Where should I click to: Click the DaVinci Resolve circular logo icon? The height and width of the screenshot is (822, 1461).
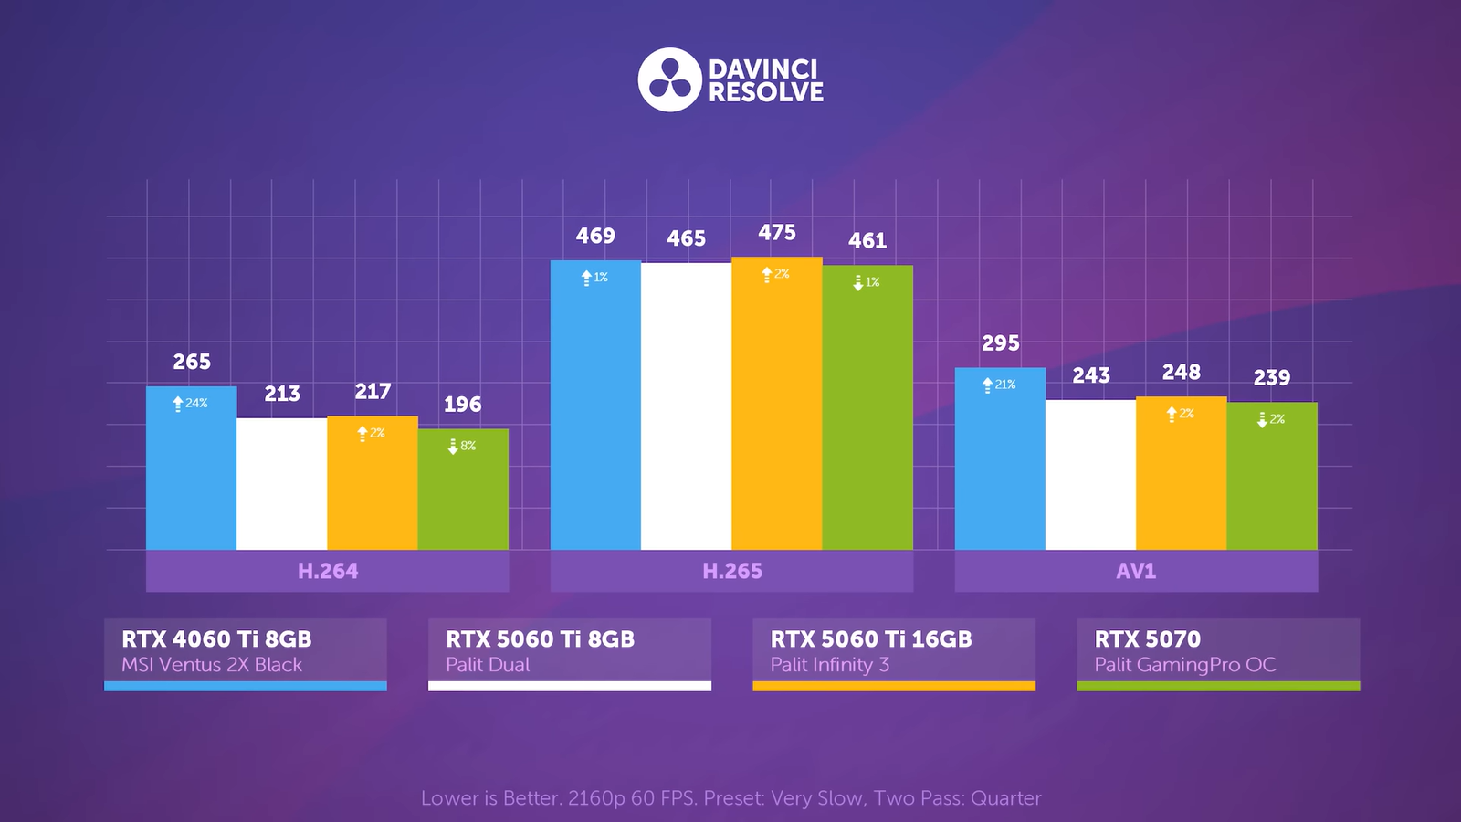tap(669, 79)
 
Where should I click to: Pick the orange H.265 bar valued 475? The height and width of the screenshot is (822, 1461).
tap(776, 411)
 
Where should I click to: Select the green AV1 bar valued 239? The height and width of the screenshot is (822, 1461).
tap(1272, 479)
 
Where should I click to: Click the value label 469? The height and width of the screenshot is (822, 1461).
tap(595, 236)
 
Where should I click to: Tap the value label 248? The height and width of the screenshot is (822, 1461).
tap(1181, 372)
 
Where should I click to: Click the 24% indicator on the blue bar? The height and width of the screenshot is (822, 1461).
tap(191, 403)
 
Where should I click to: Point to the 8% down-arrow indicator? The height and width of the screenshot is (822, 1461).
tap(461, 446)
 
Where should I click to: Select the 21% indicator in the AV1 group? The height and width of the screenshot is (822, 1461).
tap(999, 385)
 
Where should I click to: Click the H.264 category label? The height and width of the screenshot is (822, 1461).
tap(328, 571)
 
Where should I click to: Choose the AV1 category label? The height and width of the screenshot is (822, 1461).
tap(1136, 571)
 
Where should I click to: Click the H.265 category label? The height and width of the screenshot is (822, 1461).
tap(731, 571)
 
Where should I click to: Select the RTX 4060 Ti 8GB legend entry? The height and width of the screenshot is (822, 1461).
tap(216, 638)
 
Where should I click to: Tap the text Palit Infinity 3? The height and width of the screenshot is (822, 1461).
tap(829, 665)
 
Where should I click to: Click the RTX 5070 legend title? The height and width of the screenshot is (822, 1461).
tap(1147, 638)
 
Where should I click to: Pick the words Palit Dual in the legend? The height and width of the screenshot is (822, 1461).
tap(488, 665)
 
